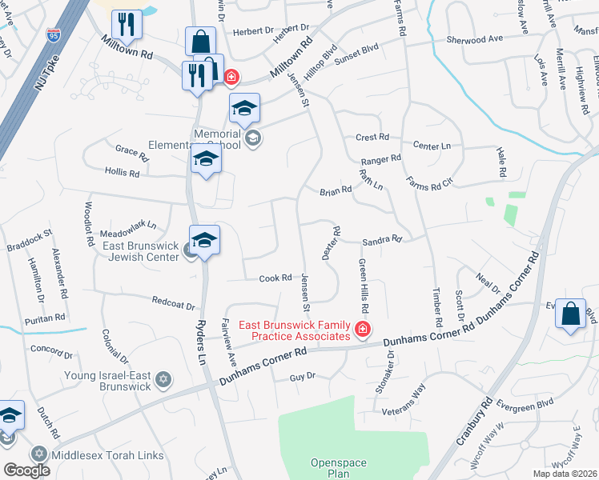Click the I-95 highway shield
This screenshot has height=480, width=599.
click(53, 34)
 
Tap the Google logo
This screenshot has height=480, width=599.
click(26, 470)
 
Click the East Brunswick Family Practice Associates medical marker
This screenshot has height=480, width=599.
click(362, 328)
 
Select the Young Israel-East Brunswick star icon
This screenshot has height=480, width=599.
click(163, 378)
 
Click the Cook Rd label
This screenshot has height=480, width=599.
click(275, 278)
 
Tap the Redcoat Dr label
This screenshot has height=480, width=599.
click(175, 302)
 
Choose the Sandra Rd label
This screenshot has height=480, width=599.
click(381, 239)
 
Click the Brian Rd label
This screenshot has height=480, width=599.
click(336, 190)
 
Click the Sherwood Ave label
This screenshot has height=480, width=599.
click(475, 38)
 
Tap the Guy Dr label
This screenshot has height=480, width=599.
click(303, 376)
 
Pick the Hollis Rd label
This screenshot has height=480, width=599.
click(122, 171)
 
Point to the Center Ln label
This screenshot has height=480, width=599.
click(432, 146)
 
